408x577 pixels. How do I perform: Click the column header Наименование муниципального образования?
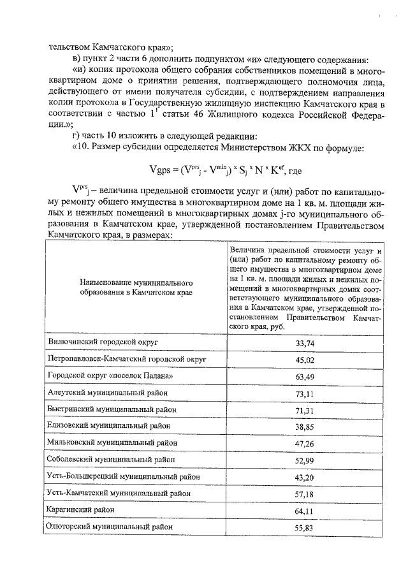click(136, 286)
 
